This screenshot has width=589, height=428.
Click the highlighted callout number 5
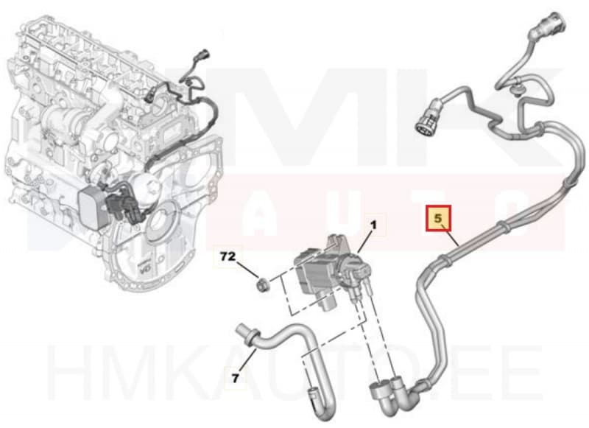440,219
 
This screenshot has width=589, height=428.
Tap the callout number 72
228,257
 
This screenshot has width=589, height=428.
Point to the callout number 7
235,379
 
